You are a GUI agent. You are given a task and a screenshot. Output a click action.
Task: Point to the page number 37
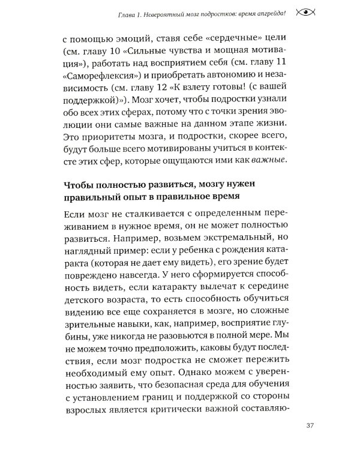tap(310, 427)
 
